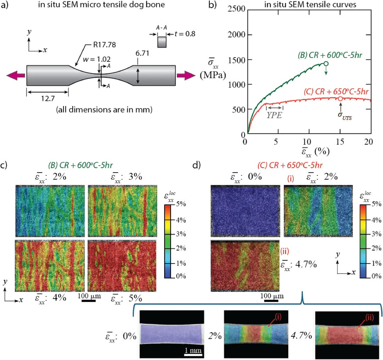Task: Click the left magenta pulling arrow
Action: point(15,75)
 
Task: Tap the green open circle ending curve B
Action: point(326,64)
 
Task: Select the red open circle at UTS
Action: point(340,99)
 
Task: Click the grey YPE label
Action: point(274,115)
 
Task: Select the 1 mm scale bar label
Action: point(193,350)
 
